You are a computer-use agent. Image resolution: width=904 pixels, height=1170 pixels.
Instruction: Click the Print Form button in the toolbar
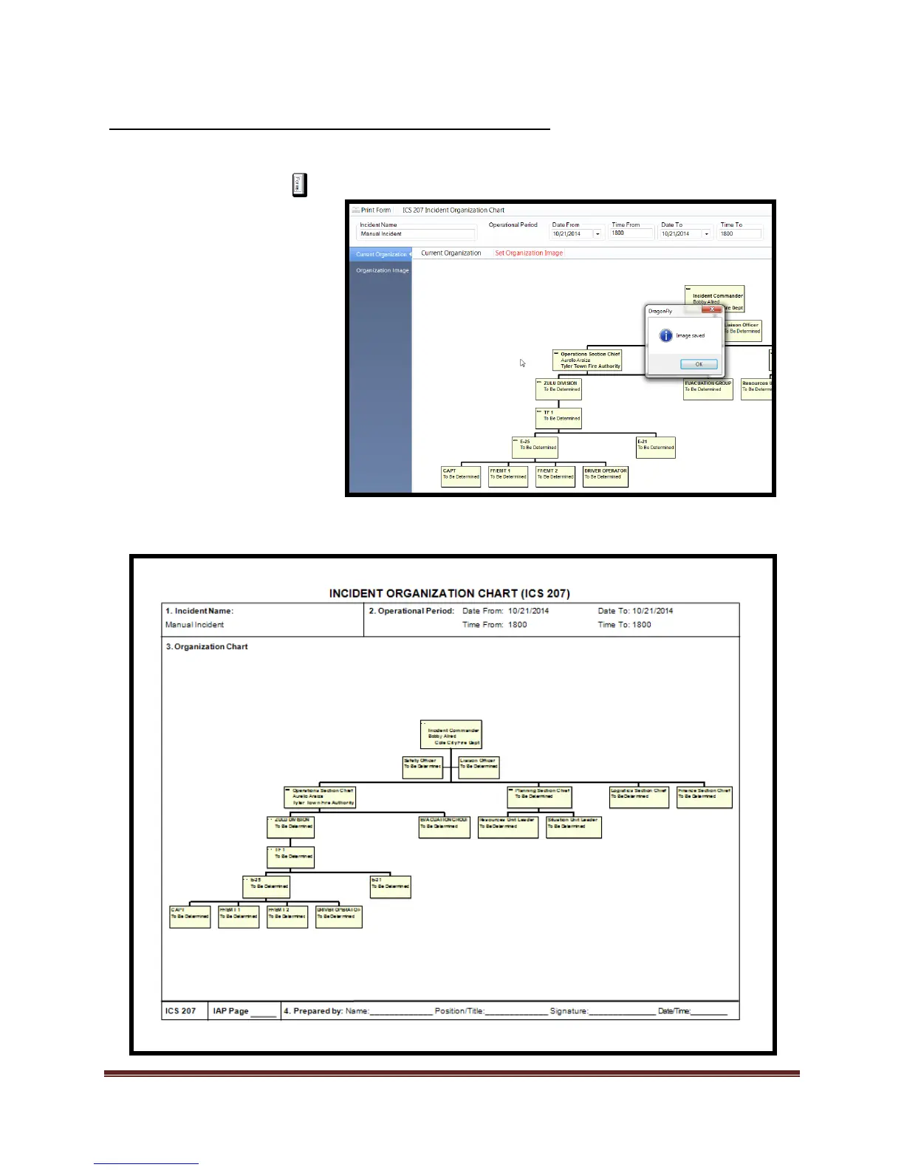[x=371, y=211]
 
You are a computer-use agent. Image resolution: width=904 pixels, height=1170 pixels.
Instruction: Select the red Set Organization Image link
[x=529, y=253]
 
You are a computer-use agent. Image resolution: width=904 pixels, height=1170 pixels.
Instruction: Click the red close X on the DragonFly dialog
[x=712, y=311]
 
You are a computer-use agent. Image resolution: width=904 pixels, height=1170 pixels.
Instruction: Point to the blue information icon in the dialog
[x=665, y=336]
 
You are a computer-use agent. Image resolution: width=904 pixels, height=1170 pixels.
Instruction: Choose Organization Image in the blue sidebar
[x=382, y=270]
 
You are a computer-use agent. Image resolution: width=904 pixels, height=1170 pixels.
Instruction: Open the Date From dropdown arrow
[x=597, y=234]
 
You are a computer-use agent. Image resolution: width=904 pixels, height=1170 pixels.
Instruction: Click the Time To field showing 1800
[x=739, y=234]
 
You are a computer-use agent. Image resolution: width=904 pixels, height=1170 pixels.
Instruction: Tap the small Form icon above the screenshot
[x=298, y=185]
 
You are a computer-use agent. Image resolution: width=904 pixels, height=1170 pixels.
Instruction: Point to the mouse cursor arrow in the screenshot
[x=522, y=363]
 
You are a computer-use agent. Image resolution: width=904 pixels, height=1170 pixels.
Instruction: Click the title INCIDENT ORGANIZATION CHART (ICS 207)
[x=449, y=593]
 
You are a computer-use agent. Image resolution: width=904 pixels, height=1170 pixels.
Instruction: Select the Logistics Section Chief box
[x=639, y=796]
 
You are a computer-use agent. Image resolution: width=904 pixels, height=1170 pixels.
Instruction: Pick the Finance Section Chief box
[x=705, y=796]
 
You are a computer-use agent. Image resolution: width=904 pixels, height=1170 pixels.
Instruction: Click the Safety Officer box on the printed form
[x=422, y=767]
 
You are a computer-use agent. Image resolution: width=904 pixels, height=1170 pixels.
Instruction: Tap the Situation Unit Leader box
[x=574, y=827]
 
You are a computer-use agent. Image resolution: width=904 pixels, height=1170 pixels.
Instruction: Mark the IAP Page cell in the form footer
[x=244, y=1011]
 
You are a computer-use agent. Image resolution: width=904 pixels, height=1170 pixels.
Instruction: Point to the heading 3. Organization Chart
[x=207, y=647]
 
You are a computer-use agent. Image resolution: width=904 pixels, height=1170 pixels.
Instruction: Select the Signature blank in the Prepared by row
[x=622, y=1012]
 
